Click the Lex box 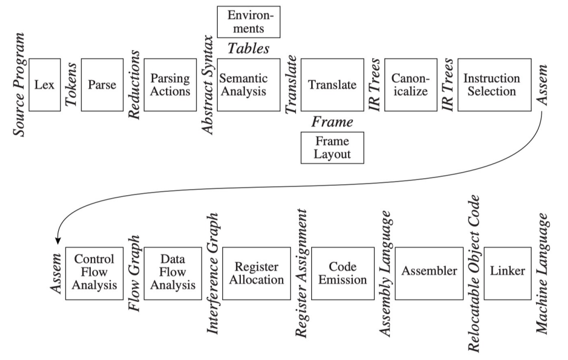45,85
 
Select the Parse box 102,85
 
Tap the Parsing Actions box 170,85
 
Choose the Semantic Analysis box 249,85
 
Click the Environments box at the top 249,21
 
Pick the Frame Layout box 333,147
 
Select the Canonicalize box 410,85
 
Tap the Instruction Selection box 494,85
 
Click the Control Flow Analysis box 94,273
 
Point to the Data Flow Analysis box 173,273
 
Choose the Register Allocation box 256,273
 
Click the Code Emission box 343,273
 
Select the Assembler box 429,273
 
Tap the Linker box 508,273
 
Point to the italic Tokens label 71,85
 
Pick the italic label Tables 249,48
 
